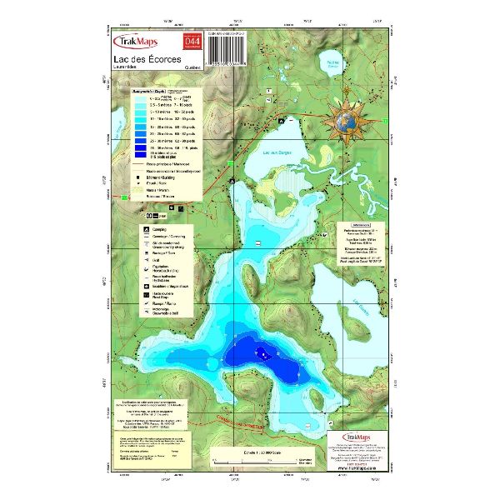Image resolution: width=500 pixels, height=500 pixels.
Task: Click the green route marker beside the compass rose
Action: pos(386,120)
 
